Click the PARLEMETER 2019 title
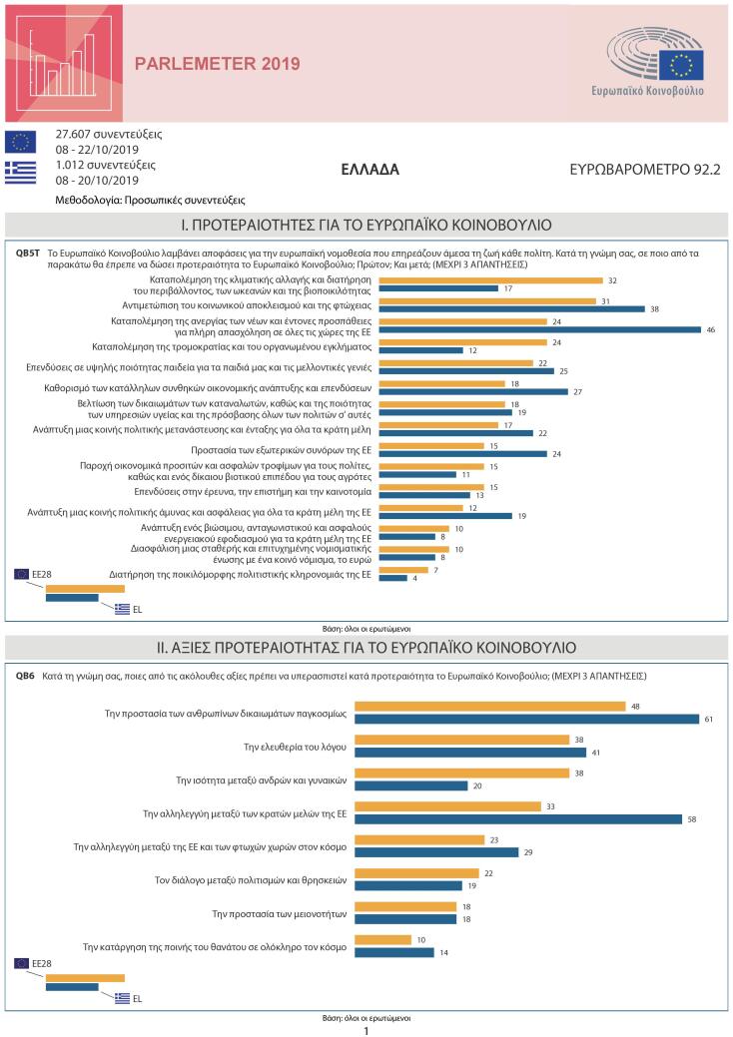click(217, 65)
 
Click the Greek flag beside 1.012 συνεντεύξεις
click(20, 172)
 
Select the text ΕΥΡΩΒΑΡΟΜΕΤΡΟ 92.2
click(643, 170)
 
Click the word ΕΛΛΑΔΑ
click(369, 170)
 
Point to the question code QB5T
click(28, 254)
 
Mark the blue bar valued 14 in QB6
click(394, 952)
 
